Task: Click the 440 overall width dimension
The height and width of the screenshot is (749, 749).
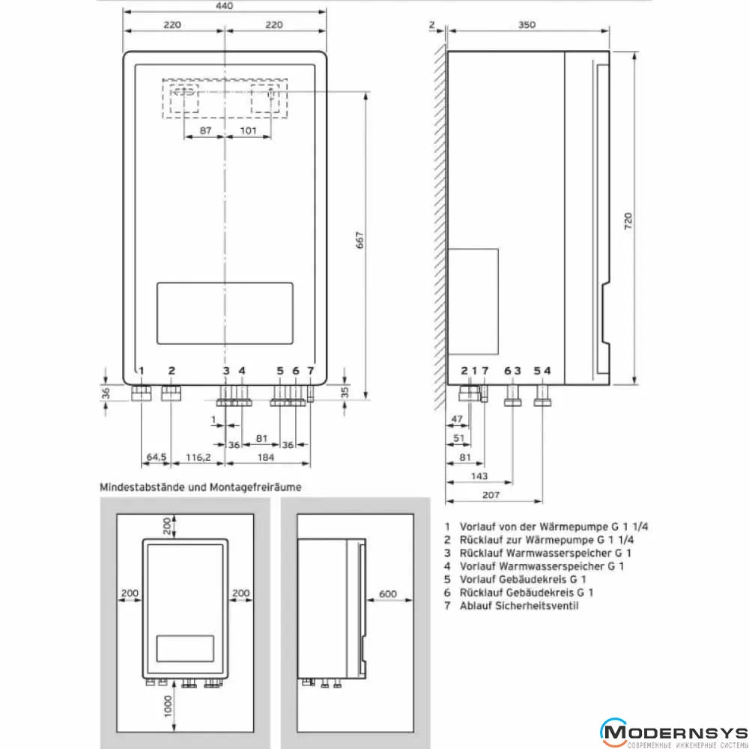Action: click(x=224, y=6)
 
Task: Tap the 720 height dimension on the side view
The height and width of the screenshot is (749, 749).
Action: click(x=628, y=221)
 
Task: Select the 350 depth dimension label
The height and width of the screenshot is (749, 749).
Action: click(x=527, y=25)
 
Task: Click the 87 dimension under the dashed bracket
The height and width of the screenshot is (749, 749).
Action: click(x=205, y=130)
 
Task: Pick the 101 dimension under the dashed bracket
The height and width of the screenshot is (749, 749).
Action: click(x=249, y=130)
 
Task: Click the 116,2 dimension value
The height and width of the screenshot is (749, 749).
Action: click(x=198, y=457)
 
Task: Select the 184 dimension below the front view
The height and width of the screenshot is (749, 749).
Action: click(x=266, y=457)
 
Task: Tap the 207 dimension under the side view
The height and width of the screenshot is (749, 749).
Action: click(x=491, y=495)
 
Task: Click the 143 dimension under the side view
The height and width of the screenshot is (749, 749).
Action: click(x=479, y=476)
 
